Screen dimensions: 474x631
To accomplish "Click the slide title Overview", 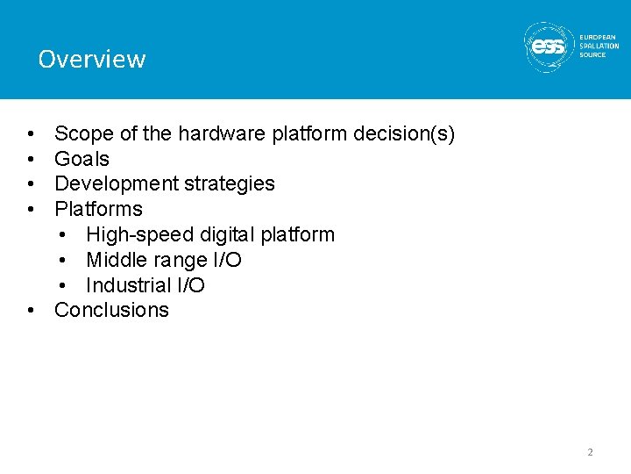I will [91, 59].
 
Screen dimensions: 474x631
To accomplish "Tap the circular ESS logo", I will [549, 46].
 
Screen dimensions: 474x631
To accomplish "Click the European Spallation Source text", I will [599, 46].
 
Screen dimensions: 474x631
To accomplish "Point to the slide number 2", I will [590, 452].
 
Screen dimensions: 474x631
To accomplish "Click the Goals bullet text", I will [82, 159].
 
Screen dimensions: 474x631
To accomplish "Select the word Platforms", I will [98, 209].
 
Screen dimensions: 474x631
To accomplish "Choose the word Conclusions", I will [111, 310].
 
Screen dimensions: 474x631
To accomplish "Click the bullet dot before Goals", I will [31, 160].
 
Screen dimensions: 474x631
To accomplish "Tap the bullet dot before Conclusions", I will [31, 311].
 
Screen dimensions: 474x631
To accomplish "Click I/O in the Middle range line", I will [226, 260].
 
